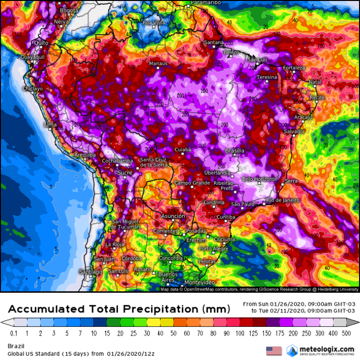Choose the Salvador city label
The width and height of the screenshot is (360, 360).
295,131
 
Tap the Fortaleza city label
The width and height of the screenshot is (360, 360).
294,68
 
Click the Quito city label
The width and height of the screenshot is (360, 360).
39,43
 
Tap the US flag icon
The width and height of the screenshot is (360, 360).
273,350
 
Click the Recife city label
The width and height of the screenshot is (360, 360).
317,97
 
